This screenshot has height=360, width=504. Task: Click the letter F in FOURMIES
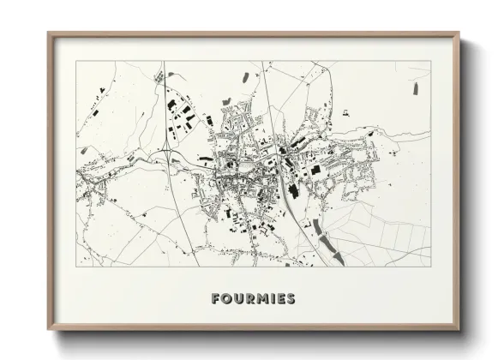point(215,299)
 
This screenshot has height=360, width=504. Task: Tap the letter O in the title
point(226,299)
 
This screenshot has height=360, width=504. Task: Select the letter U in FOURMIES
point(237,299)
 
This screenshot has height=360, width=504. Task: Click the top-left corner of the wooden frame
point(48,33)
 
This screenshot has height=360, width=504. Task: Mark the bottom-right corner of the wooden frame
point(459,331)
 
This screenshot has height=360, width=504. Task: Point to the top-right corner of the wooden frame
point(459,33)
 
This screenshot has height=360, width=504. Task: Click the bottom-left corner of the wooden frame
point(48,331)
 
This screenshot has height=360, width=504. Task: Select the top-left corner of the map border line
point(76,61)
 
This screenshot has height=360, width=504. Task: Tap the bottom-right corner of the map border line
point(431,267)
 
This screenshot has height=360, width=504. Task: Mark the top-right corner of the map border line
point(431,61)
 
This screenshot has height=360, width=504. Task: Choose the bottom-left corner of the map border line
point(76,267)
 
